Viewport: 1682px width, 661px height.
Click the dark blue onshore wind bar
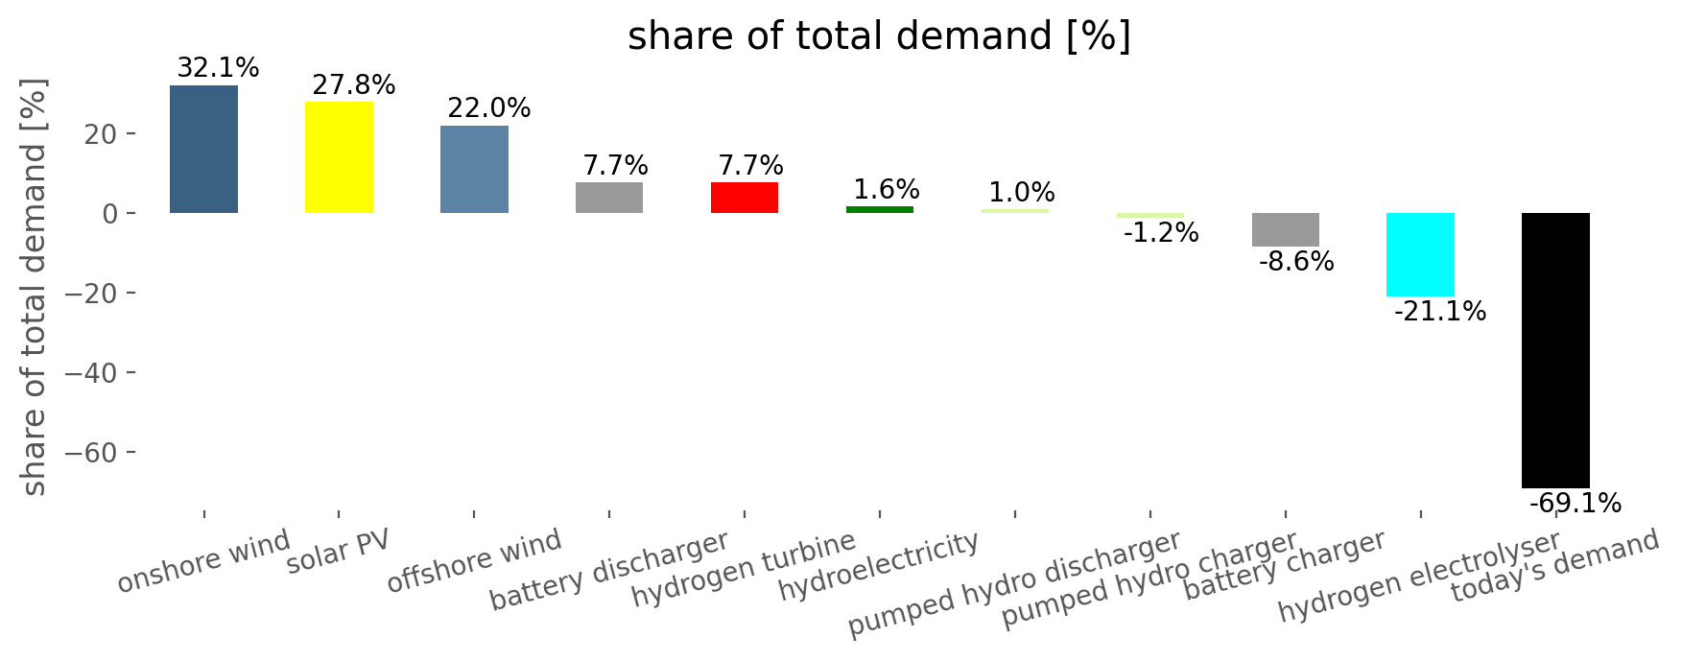(203, 149)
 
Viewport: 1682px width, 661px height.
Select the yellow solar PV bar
(339, 157)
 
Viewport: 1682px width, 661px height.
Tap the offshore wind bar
(474, 169)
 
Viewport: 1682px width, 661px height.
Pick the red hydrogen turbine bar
(745, 198)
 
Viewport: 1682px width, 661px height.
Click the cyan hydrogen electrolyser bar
(1420, 255)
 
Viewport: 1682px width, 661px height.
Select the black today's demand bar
(1555, 350)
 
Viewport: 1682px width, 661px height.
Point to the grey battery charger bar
(1285, 230)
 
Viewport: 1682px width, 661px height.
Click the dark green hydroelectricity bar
(880, 209)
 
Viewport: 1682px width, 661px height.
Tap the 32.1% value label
(218, 68)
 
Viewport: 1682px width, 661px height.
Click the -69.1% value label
(1575, 504)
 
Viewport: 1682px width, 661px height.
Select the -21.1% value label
(1440, 312)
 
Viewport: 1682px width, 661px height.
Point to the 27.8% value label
(353, 85)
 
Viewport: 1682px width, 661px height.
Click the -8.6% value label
(1295, 262)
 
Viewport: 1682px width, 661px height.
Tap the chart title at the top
(880, 36)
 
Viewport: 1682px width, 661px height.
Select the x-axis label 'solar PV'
(339, 551)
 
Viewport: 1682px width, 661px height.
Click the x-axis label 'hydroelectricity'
(878, 566)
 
